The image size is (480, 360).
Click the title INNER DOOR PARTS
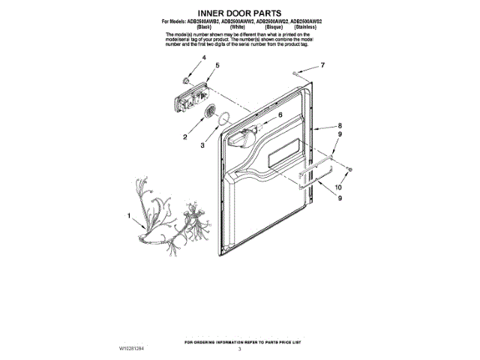239,13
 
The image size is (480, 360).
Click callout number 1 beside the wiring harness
129,216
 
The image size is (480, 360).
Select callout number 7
322,66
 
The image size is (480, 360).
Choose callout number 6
280,116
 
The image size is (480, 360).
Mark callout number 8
339,126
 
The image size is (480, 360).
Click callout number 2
184,137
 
